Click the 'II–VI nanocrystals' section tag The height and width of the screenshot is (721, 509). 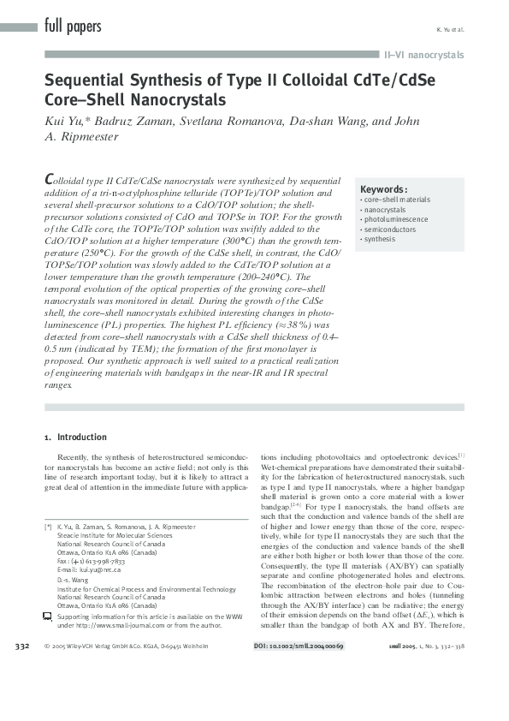click(423, 56)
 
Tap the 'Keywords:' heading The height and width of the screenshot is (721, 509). click(383, 189)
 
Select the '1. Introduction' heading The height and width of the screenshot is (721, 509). click(75, 438)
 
